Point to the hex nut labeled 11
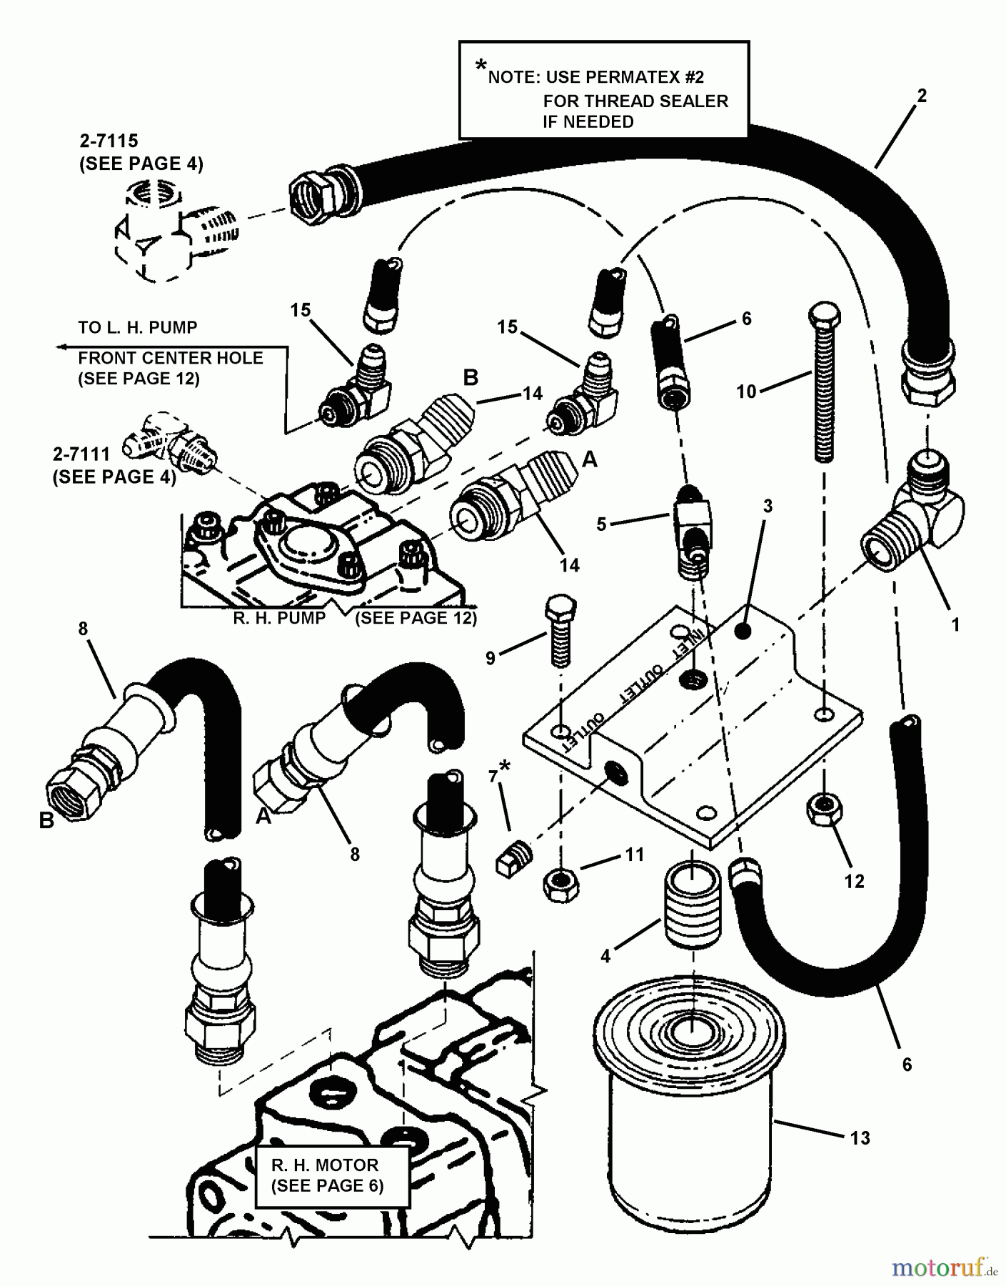tap(561, 886)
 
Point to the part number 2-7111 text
tap(81, 454)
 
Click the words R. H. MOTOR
tap(325, 1165)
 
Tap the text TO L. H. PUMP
tap(138, 328)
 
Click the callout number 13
tap(860, 1137)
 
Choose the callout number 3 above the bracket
tap(768, 508)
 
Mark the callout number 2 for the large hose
tap(922, 96)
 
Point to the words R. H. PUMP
tap(279, 618)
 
